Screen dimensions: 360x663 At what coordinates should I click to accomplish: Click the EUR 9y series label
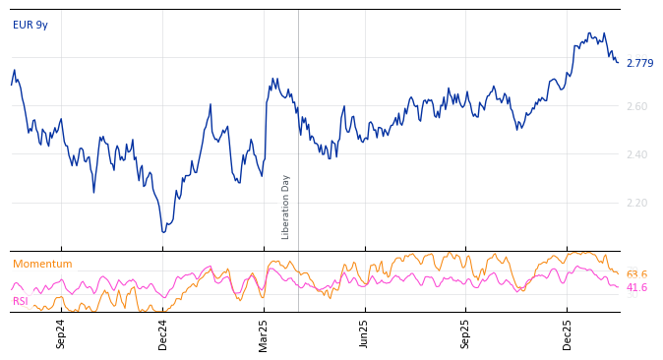(x=30, y=26)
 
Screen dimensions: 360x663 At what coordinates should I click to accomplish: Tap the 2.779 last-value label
(x=639, y=64)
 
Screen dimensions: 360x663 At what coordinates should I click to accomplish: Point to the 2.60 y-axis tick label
(x=637, y=107)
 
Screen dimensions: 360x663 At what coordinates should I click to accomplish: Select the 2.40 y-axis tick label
(x=637, y=155)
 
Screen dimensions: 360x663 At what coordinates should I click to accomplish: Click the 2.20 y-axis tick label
(x=637, y=204)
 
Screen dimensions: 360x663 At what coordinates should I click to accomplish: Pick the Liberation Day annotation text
(x=286, y=207)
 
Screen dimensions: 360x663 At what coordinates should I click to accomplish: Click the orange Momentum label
(x=42, y=265)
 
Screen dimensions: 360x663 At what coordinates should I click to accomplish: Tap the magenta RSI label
(x=21, y=302)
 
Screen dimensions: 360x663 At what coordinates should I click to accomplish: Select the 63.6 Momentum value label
(x=636, y=275)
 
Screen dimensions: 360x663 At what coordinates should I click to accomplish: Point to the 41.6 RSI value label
(x=636, y=288)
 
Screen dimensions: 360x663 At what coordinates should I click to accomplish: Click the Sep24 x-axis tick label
(x=61, y=333)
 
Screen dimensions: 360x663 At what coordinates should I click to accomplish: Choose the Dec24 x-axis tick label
(x=163, y=333)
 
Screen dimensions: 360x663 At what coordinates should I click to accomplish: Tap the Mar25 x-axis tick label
(x=264, y=333)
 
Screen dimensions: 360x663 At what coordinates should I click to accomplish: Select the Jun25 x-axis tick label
(x=365, y=333)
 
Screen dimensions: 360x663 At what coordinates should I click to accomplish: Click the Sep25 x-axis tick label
(x=466, y=333)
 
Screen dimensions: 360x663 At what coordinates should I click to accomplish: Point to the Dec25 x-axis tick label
(x=568, y=333)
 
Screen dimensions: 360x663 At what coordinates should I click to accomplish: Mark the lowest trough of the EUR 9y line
(x=163, y=232)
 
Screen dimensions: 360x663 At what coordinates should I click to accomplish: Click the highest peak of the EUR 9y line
(x=588, y=32)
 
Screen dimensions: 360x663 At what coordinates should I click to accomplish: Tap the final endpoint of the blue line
(x=618, y=62)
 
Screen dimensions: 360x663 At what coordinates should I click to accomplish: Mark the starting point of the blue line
(x=12, y=84)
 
